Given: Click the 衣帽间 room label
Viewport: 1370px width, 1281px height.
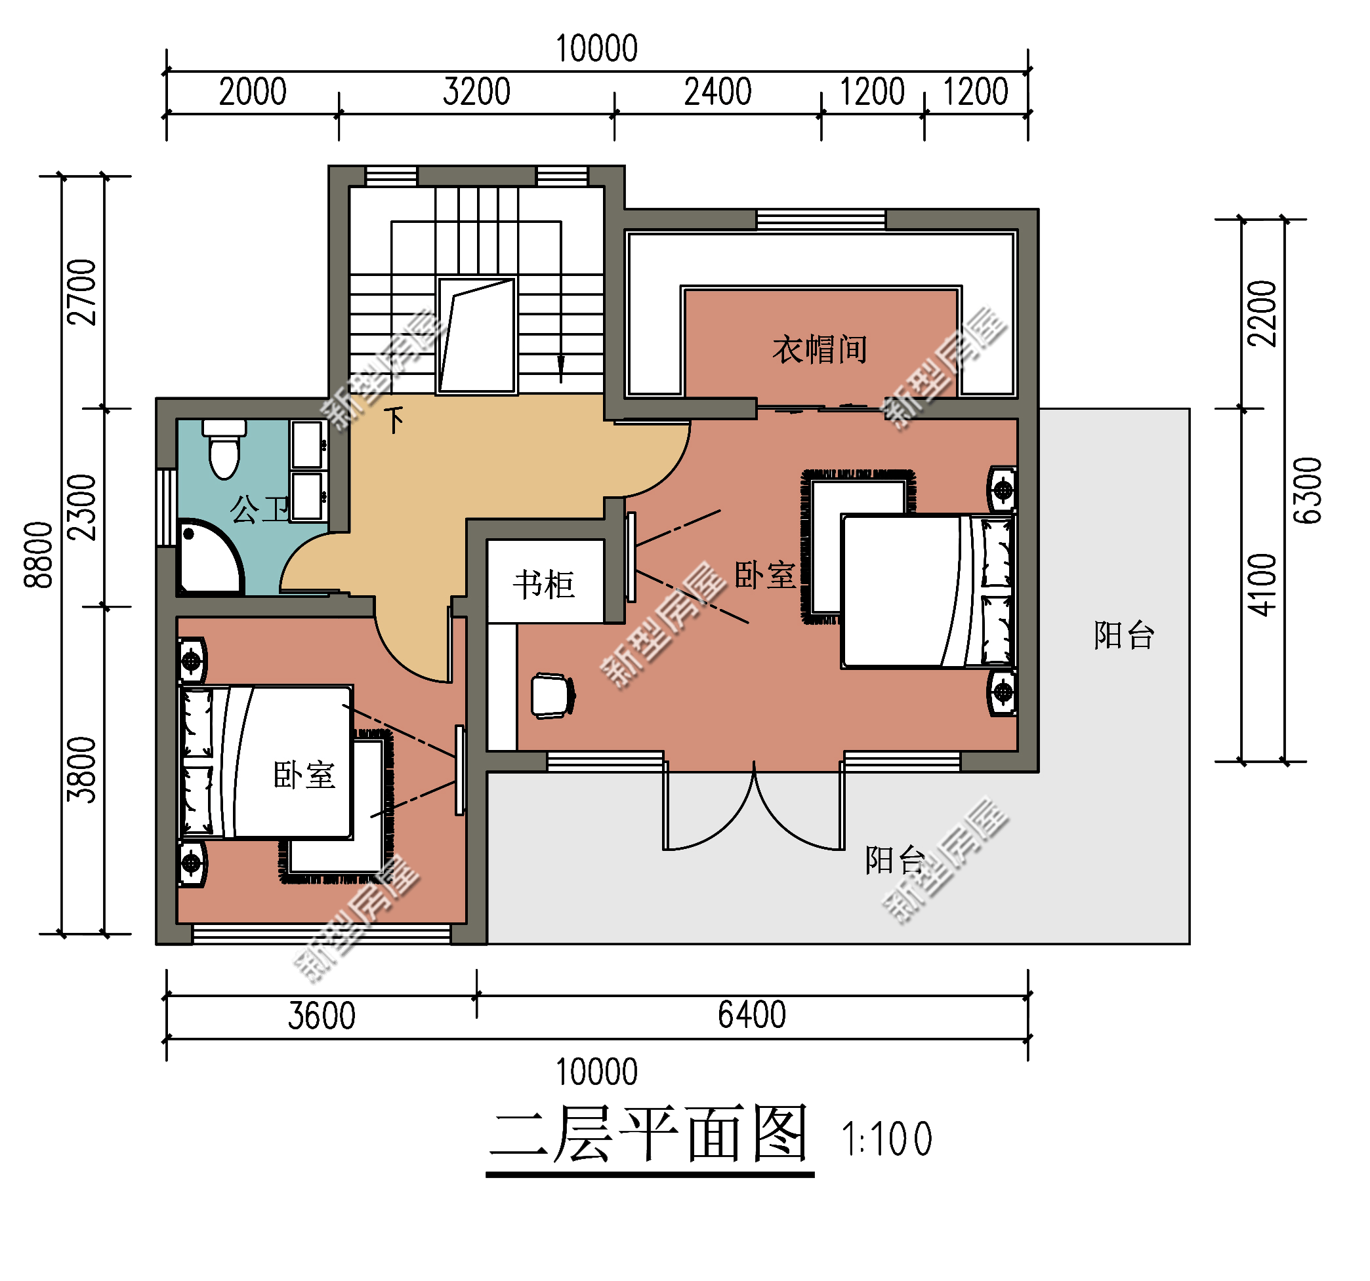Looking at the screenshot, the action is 820,349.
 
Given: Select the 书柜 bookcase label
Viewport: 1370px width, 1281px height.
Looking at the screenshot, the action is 544,585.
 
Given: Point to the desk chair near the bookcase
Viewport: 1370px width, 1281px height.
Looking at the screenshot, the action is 553,696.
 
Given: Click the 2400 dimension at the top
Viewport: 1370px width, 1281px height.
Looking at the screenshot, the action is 717,92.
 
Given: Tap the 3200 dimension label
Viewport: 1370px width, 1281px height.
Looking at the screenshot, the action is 476,92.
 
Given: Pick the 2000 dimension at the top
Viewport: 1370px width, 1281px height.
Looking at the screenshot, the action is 252,92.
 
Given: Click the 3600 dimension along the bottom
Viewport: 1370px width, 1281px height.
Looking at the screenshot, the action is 321,1016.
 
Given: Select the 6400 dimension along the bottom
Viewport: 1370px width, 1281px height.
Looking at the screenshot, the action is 752,1015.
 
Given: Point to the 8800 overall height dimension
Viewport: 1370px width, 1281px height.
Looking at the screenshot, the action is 38,555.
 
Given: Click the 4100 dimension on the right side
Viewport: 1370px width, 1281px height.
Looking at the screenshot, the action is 1262,585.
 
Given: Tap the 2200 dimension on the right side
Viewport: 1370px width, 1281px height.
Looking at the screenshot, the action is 1262,313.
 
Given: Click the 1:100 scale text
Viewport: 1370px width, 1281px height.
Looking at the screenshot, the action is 887,1139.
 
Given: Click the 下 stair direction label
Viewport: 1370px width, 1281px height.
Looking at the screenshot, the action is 394,420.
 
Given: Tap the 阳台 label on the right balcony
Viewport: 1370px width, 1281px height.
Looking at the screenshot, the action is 1124,635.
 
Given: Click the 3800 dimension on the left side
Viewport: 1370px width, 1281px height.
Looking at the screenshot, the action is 81,770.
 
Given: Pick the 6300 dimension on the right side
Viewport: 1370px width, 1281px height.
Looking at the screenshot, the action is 1307,490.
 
